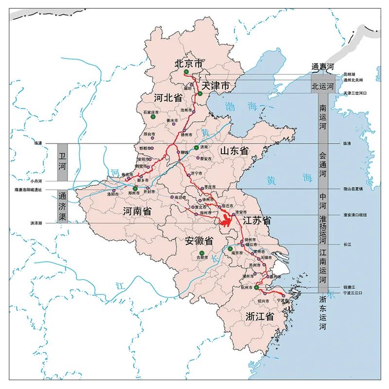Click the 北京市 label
point(188,63)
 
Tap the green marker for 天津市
point(200,93)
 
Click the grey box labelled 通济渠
point(62,206)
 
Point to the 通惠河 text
point(323,67)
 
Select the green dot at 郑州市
point(135,188)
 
